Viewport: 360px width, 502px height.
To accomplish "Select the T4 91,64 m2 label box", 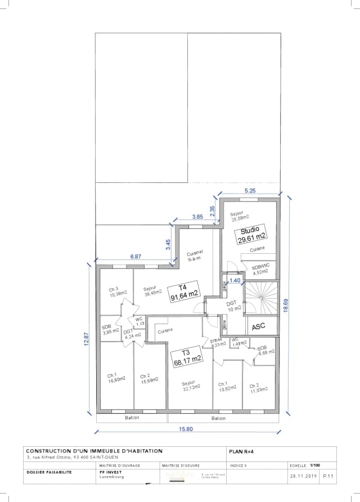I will [x=184, y=290].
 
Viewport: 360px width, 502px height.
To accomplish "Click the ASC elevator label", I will [x=258, y=326].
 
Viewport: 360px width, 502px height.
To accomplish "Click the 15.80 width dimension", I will [x=186, y=429].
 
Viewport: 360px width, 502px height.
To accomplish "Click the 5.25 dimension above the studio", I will [x=250, y=191].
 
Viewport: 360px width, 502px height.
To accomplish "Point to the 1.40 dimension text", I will [x=235, y=280].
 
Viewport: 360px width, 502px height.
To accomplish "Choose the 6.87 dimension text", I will [x=136, y=256].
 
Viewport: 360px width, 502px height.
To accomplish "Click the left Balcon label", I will [x=132, y=418].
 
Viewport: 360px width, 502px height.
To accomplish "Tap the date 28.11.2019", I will [x=303, y=476].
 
